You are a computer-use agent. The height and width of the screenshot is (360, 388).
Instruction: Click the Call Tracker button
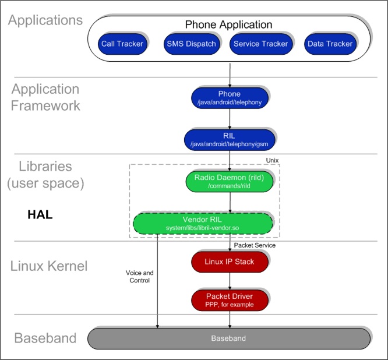(x=122, y=44)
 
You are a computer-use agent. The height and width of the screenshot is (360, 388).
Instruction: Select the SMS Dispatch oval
(x=192, y=44)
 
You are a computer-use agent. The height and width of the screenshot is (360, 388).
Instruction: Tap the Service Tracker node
(x=261, y=44)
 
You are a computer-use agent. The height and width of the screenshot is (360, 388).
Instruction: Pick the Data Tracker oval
(x=330, y=44)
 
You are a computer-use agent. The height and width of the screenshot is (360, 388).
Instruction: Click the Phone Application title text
(x=228, y=24)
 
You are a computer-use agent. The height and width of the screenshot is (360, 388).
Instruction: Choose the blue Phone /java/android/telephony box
(x=230, y=98)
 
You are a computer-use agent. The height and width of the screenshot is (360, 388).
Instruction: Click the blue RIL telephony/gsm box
(x=230, y=140)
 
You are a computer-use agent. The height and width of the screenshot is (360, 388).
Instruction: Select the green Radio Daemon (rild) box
(x=230, y=182)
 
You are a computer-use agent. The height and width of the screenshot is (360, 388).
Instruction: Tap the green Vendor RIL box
(x=203, y=224)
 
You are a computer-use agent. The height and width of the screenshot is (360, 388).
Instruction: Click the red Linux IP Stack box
(x=230, y=262)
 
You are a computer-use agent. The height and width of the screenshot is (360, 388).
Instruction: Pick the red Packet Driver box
(x=230, y=300)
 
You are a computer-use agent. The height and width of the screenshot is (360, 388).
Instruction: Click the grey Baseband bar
(x=229, y=338)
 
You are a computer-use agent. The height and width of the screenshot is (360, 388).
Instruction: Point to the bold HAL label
(x=40, y=214)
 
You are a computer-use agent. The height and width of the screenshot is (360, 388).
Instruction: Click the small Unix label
(x=272, y=160)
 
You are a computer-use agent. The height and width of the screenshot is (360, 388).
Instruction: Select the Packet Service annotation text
(x=255, y=245)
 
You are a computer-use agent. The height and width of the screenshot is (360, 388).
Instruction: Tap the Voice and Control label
(x=140, y=276)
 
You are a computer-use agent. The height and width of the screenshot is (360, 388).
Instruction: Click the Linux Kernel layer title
(x=49, y=266)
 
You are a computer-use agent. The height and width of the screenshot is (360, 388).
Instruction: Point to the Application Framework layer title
(x=45, y=97)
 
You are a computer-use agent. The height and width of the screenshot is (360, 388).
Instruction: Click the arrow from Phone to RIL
(x=230, y=119)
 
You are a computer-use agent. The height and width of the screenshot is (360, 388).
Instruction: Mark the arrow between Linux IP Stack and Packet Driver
(x=230, y=281)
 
